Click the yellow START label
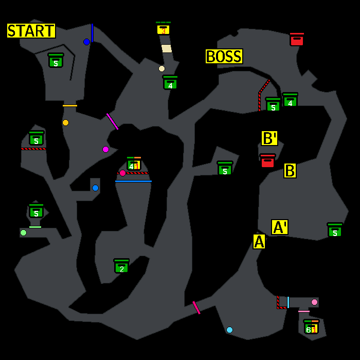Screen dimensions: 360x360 coord(31,31)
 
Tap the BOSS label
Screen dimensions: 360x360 coord(224,56)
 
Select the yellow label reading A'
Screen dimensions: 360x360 coord(280,227)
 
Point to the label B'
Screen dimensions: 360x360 coord(269,138)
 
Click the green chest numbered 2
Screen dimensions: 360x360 coord(121,266)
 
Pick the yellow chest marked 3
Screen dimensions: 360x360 coord(163,29)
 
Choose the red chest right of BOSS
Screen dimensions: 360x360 coord(297,40)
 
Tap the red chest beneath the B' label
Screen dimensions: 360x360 coord(267,161)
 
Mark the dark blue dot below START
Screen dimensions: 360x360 coord(86,42)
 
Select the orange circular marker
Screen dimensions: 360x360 coord(65,122)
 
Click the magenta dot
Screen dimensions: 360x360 coord(105,149)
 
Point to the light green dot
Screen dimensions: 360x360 coord(23,232)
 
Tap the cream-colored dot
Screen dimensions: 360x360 coord(161,68)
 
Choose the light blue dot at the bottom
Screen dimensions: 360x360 coord(229,330)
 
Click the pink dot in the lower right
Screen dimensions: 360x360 coord(314,302)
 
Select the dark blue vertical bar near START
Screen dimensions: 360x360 coord(92,32)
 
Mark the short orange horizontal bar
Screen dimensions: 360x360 coord(70,105)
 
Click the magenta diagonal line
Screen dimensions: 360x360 coord(112,121)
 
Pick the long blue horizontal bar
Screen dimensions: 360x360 coord(133,181)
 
